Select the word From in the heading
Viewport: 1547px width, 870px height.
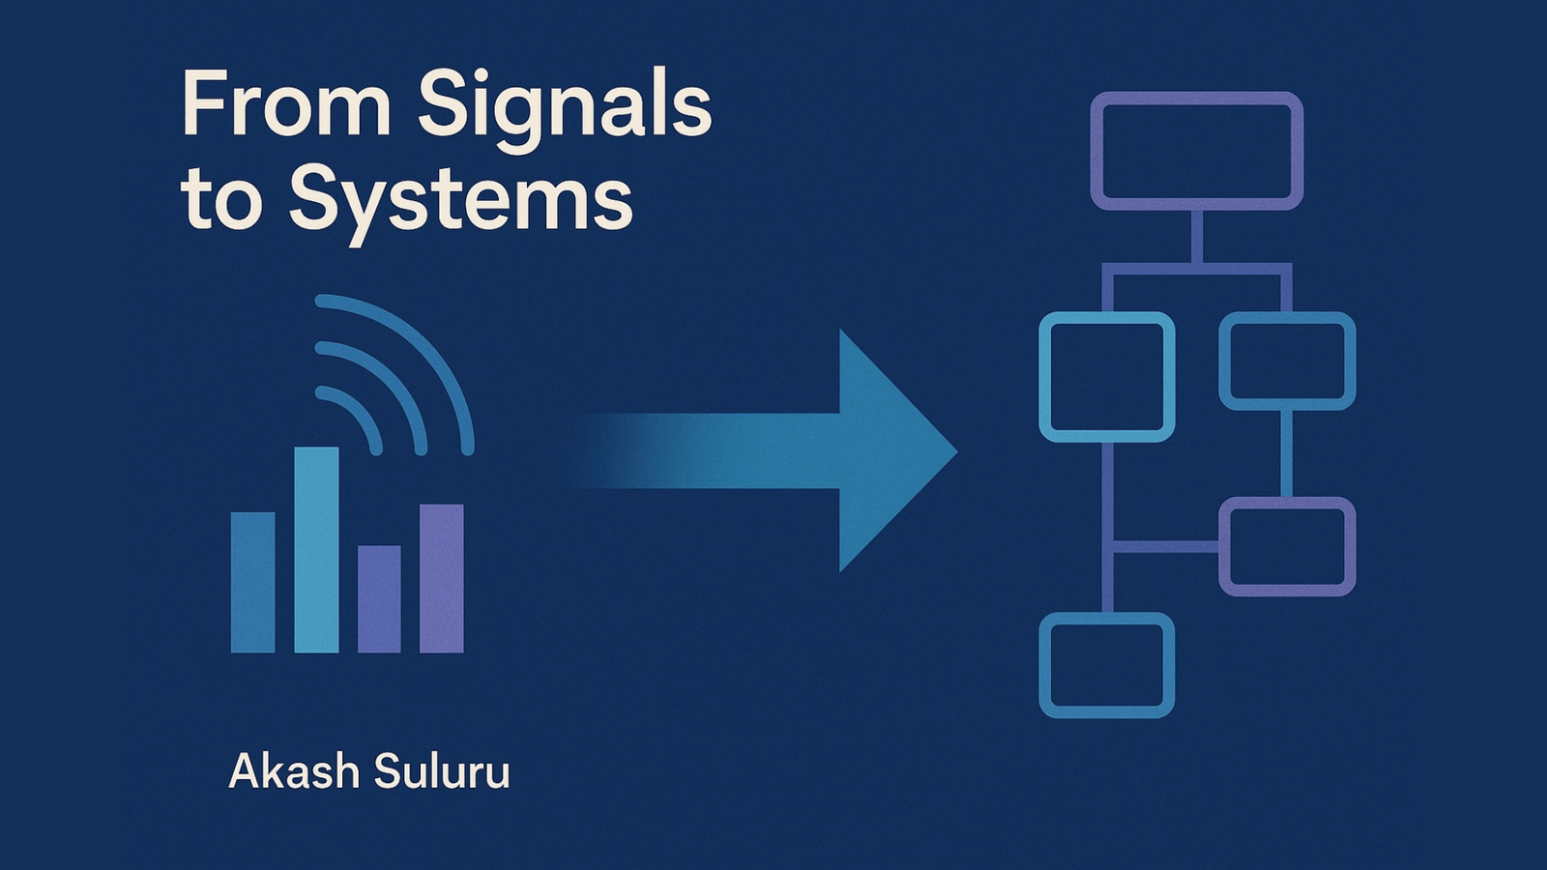pyautogui.click(x=286, y=104)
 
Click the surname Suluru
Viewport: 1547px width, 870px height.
pyautogui.click(x=441, y=771)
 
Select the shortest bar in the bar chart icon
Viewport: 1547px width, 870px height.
pyautogui.click(x=379, y=598)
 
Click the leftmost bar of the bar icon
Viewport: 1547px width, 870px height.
pyautogui.click(x=252, y=582)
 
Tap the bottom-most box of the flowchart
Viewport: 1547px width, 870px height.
pyautogui.click(x=1106, y=665)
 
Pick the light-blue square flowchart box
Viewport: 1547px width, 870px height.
pyautogui.click(x=1106, y=377)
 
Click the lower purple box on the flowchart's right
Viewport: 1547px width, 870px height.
pyautogui.click(x=1286, y=546)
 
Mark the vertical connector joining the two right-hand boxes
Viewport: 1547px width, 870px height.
pyautogui.click(x=1286, y=453)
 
